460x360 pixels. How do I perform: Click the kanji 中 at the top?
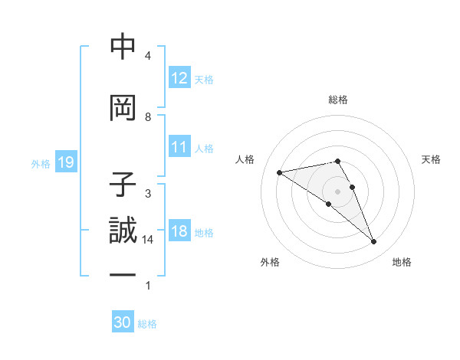tap(123, 47)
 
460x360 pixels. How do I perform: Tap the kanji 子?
tap(123, 185)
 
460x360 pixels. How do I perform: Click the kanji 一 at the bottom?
tap(123, 273)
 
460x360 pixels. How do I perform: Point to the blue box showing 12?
tap(179, 77)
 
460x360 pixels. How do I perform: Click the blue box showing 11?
tap(179, 147)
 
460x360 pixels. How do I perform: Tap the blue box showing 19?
tap(65, 162)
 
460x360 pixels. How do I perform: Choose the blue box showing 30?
tap(123, 322)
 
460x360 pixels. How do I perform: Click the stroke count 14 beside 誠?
tap(148, 240)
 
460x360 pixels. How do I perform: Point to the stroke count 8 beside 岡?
tap(148, 116)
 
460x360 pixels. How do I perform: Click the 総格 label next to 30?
tap(147, 324)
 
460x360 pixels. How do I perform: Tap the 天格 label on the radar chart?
tap(431, 159)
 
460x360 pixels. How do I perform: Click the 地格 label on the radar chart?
tap(402, 262)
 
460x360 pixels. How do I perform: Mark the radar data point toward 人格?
tap(279, 172)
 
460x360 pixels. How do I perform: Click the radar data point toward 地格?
tap(374, 242)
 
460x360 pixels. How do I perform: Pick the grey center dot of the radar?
tap(337, 191)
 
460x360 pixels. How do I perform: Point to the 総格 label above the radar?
tap(338, 100)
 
